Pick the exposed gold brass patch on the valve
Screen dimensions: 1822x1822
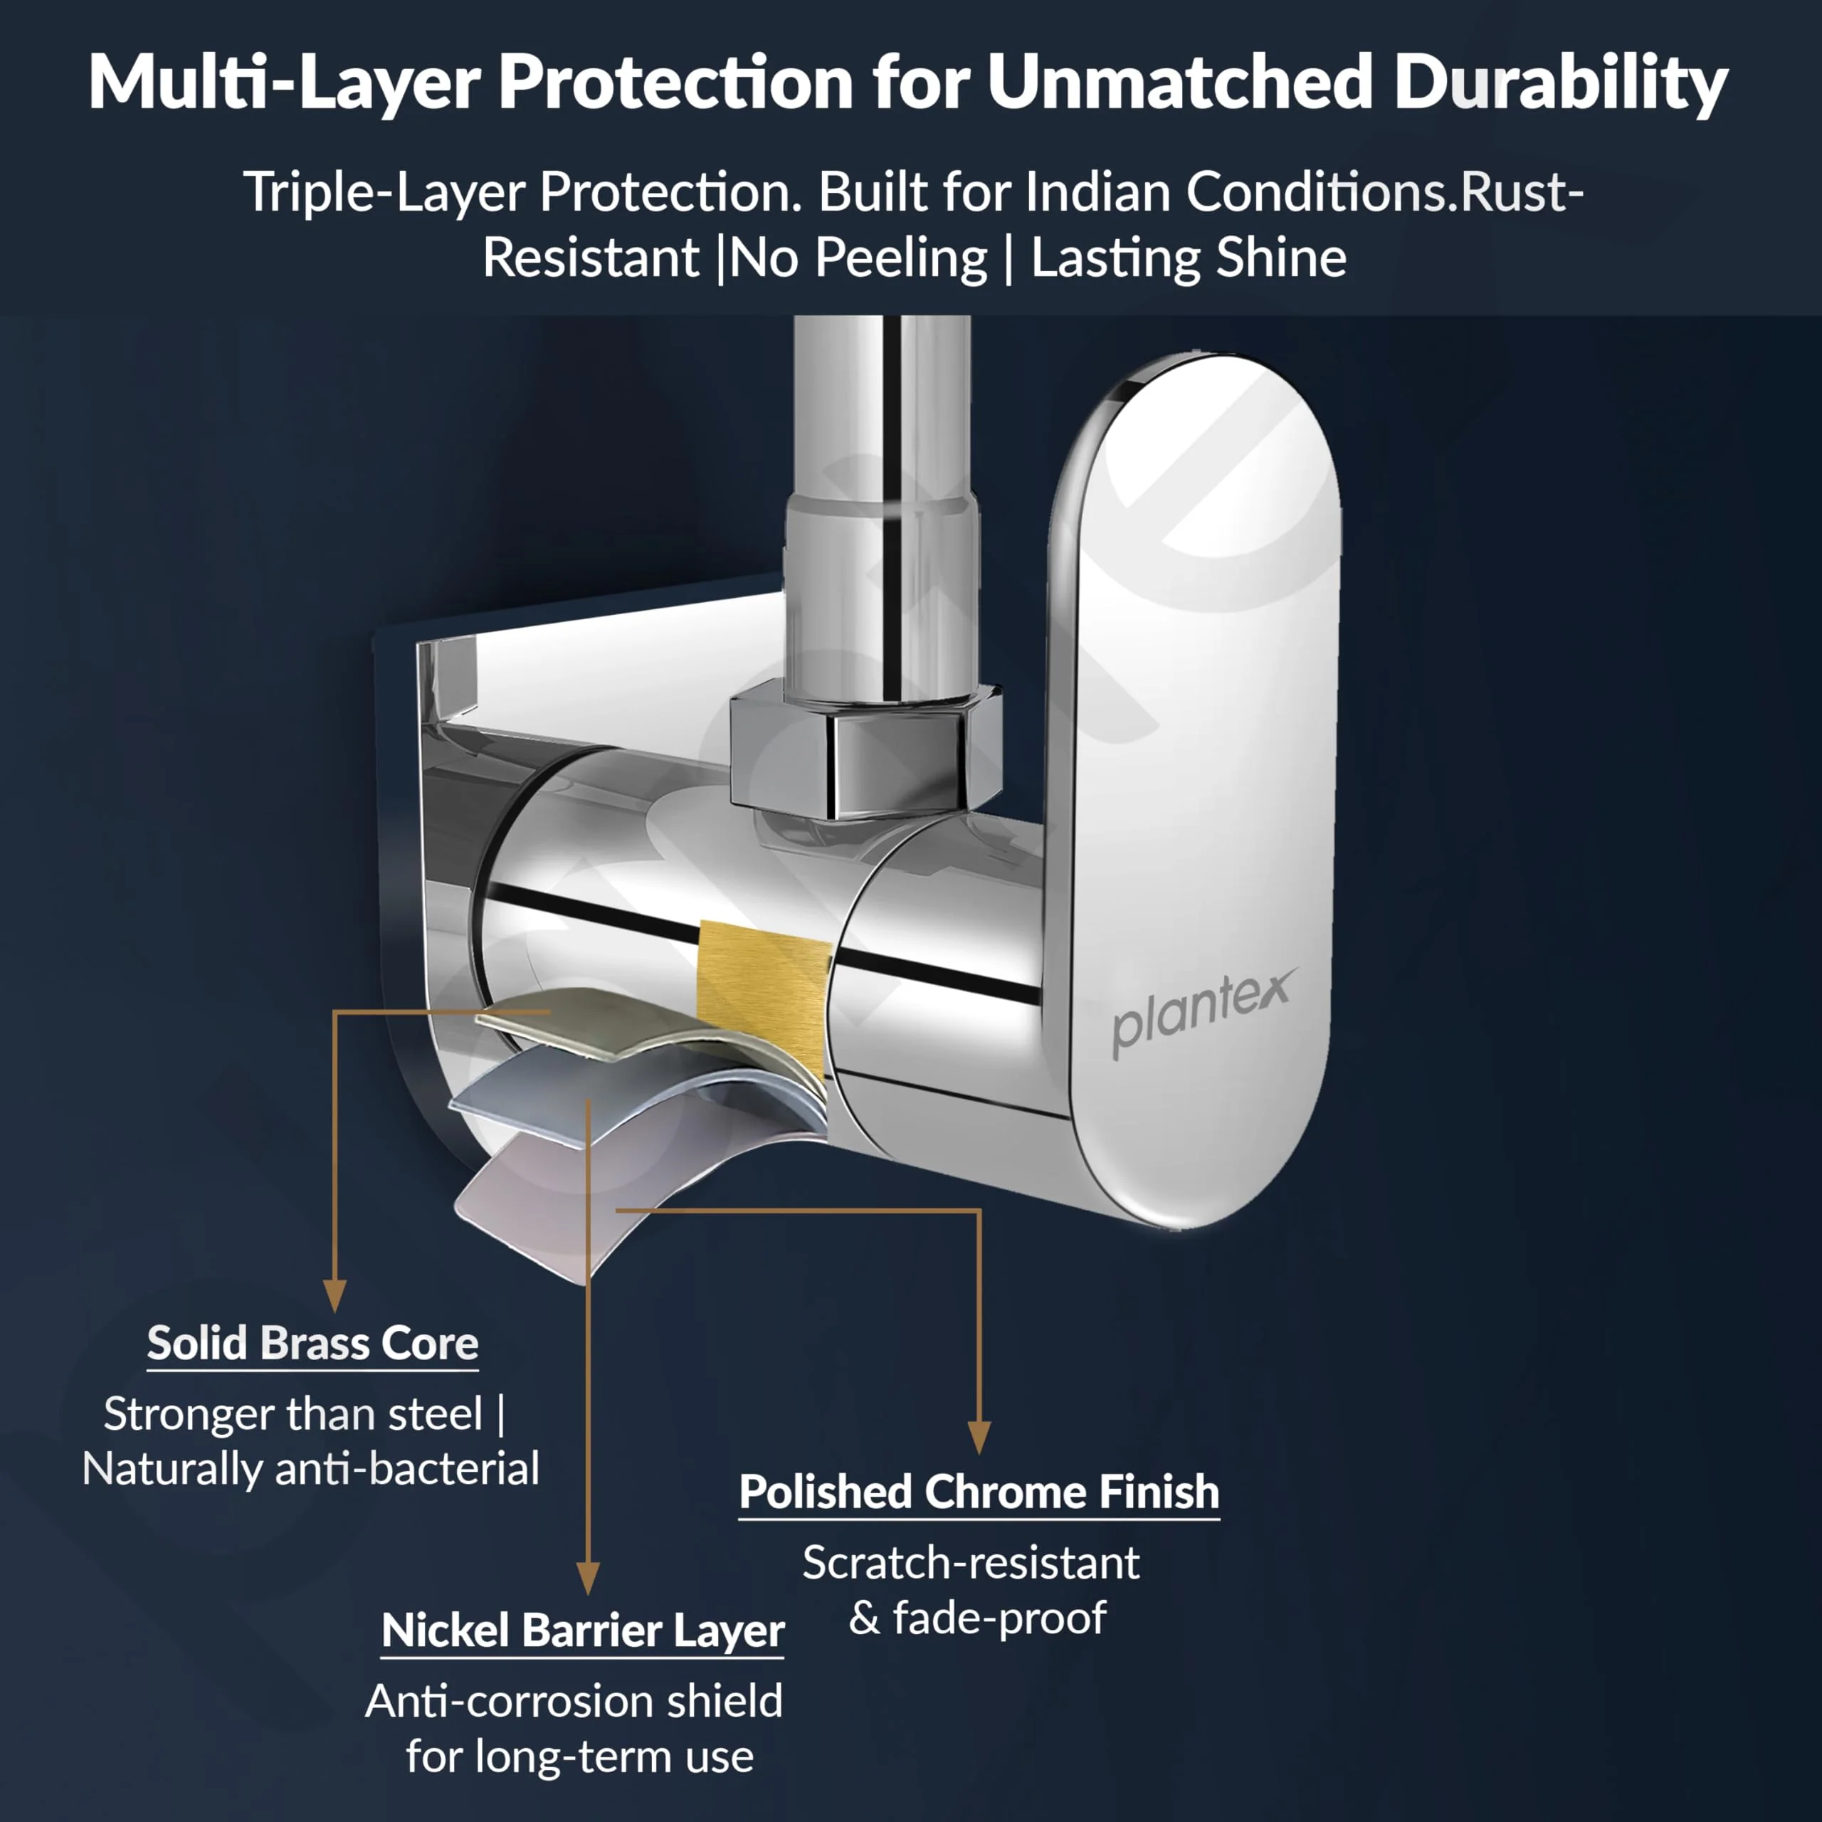[x=763, y=990]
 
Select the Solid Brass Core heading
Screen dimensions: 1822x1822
[x=312, y=1343]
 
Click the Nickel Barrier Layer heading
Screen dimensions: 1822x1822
[x=583, y=1631]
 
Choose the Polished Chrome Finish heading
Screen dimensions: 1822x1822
[x=979, y=1492]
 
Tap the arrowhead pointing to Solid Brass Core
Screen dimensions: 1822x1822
[x=335, y=1296]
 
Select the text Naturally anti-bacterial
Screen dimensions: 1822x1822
[x=311, y=1468]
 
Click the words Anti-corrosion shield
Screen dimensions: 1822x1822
[x=574, y=1701]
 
